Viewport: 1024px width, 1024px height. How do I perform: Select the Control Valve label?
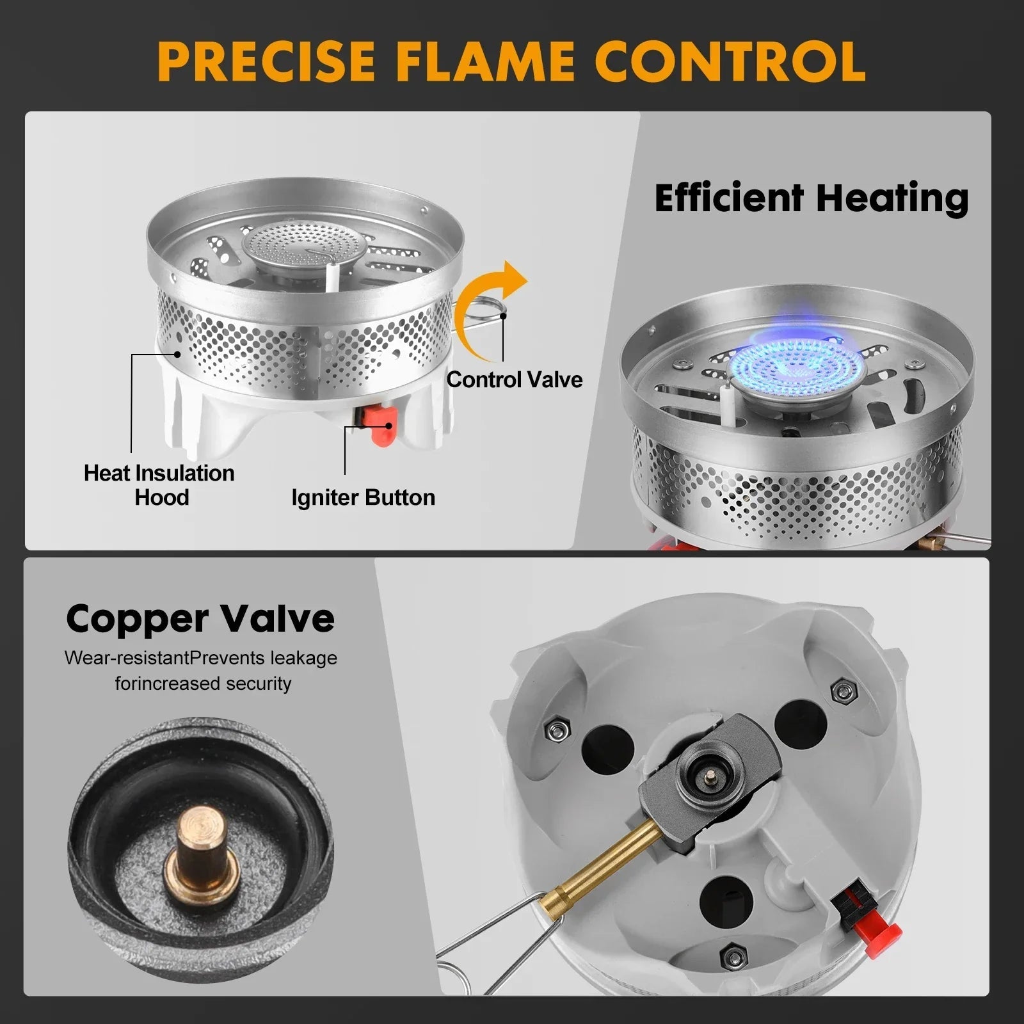click(515, 380)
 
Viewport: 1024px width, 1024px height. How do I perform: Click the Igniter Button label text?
click(363, 497)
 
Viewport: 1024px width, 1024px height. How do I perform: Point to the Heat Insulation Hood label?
click(159, 485)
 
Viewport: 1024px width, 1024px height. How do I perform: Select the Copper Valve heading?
click(200, 618)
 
